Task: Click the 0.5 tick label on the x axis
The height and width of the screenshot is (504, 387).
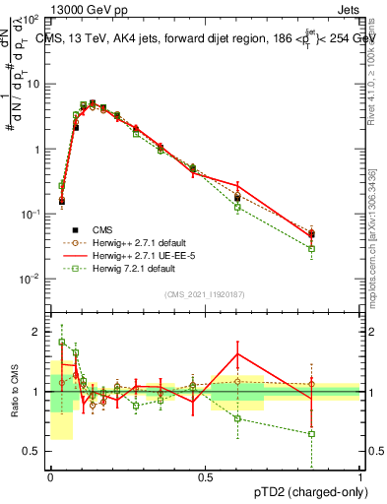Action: tap(205, 477)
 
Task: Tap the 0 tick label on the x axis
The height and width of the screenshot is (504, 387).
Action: tap(50, 477)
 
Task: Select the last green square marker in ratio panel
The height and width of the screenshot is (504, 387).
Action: tap(312, 434)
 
